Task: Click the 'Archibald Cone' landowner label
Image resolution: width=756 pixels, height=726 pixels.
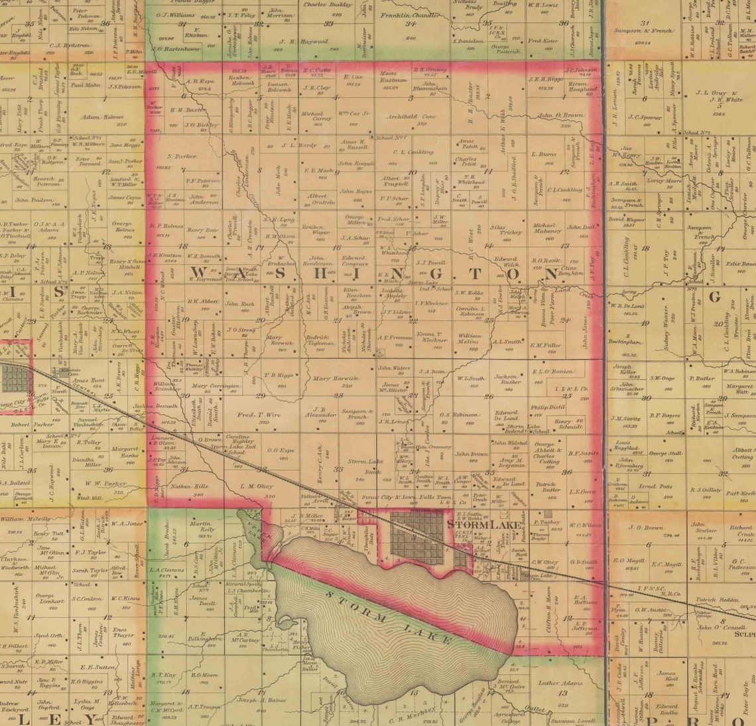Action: pyautogui.click(x=411, y=115)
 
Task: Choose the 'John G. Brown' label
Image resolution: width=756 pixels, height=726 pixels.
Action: pyautogui.click(x=560, y=115)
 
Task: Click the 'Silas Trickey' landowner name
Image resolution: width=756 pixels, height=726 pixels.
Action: pyautogui.click(x=511, y=229)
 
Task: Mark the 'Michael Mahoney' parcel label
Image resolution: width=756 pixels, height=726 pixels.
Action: pyautogui.click(x=547, y=228)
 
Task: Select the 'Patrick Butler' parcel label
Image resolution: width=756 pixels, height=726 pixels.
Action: pyautogui.click(x=548, y=486)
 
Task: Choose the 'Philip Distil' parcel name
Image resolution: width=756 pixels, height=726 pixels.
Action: pyautogui.click(x=547, y=407)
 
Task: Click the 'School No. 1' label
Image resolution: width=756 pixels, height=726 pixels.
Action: pyautogui.click(x=391, y=137)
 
